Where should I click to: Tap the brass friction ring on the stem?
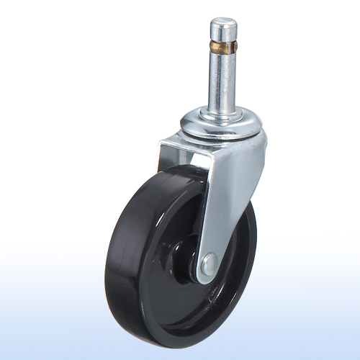click(224, 50)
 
